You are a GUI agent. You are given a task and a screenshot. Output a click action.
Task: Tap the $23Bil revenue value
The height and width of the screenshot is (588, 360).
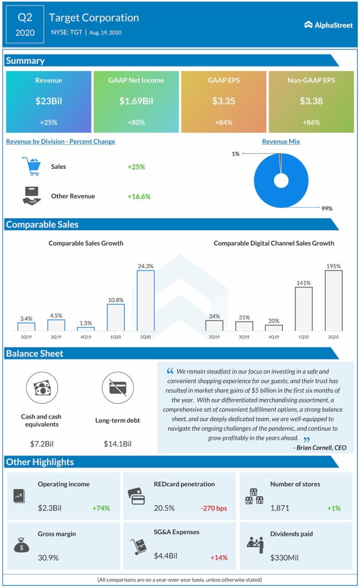tap(48, 102)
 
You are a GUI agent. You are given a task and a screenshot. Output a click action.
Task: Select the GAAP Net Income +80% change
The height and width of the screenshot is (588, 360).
tap(136, 123)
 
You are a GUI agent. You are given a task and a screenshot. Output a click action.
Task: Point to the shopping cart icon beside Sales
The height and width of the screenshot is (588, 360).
tap(32, 167)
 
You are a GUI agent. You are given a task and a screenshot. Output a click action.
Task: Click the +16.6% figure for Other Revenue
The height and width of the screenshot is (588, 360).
tap(139, 196)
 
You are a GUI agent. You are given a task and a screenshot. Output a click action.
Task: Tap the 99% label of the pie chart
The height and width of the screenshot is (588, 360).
tap(327, 208)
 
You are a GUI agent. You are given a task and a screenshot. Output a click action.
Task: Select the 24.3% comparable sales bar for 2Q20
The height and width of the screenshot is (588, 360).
tap(145, 300)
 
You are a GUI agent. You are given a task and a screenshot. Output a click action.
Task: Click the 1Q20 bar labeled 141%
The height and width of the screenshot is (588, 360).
tap(304, 309)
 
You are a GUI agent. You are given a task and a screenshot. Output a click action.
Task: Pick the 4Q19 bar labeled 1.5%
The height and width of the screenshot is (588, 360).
tap(86, 328)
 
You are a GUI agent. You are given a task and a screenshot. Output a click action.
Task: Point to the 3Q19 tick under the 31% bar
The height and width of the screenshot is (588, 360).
tap(244, 337)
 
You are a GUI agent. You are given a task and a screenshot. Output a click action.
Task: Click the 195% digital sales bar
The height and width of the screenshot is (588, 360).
tap(334, 300)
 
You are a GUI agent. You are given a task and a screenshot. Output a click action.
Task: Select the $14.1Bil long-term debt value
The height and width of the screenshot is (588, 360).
tap(118, 444)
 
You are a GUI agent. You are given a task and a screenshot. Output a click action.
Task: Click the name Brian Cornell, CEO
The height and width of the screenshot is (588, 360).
tap(319, 447)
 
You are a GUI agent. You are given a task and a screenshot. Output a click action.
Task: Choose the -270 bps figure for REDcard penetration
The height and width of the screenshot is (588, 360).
tap(212, 508)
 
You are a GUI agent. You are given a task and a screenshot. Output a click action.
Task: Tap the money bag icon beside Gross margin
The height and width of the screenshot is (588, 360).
tap(21, 546)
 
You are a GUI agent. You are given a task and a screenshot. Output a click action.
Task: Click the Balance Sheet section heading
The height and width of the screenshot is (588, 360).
tap(35, 354)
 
